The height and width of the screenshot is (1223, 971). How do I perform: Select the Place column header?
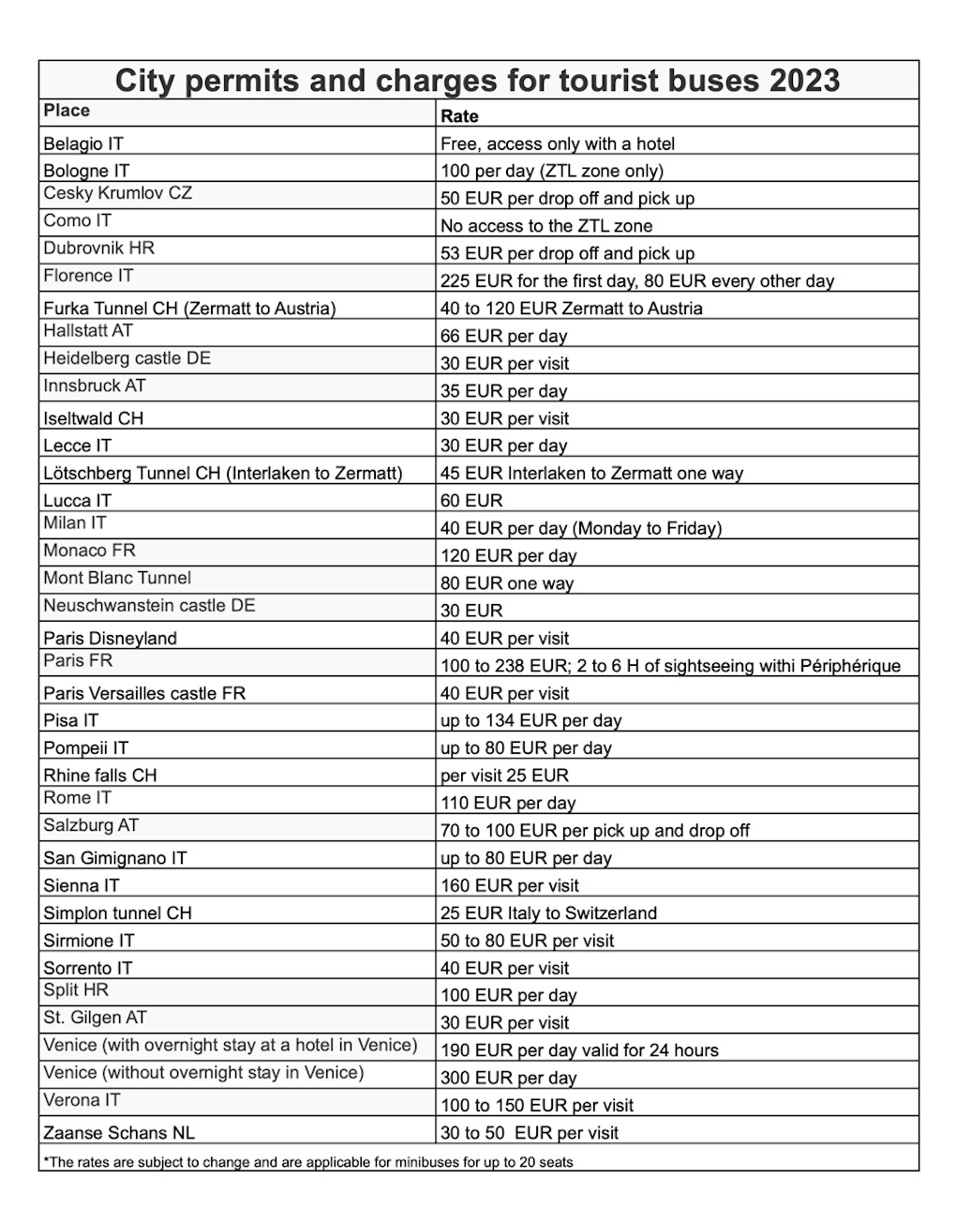tap(67, 111)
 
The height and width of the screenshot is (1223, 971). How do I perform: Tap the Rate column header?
tap(459, 116)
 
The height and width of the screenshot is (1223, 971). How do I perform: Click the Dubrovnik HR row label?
tap(98, 249)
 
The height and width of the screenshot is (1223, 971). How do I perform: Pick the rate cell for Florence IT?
tap(637, 280)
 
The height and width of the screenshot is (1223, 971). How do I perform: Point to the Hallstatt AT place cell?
tap(88, 331)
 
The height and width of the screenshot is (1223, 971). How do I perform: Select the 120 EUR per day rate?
tap(508, 555)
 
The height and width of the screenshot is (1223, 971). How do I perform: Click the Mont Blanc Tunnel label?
tap(117, 578)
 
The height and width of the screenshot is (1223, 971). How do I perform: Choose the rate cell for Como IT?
tap(546, 226)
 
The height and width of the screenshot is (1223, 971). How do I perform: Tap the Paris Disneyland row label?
tap(110, 638)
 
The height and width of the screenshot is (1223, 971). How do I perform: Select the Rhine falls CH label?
tap(99, 775)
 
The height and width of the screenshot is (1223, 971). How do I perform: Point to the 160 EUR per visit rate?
tap(510, 885)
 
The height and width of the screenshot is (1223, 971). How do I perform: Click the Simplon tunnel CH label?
tap(117, 913)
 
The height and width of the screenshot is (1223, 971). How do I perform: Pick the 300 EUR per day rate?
tap(508, 1078)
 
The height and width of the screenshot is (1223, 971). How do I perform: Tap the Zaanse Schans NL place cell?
tap(119, 1132)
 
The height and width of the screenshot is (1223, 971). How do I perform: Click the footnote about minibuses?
tap(308, 1162)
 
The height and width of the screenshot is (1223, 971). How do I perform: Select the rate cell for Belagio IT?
tap(558, 143)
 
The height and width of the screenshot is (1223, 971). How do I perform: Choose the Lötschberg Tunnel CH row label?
tap(223, 473)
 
